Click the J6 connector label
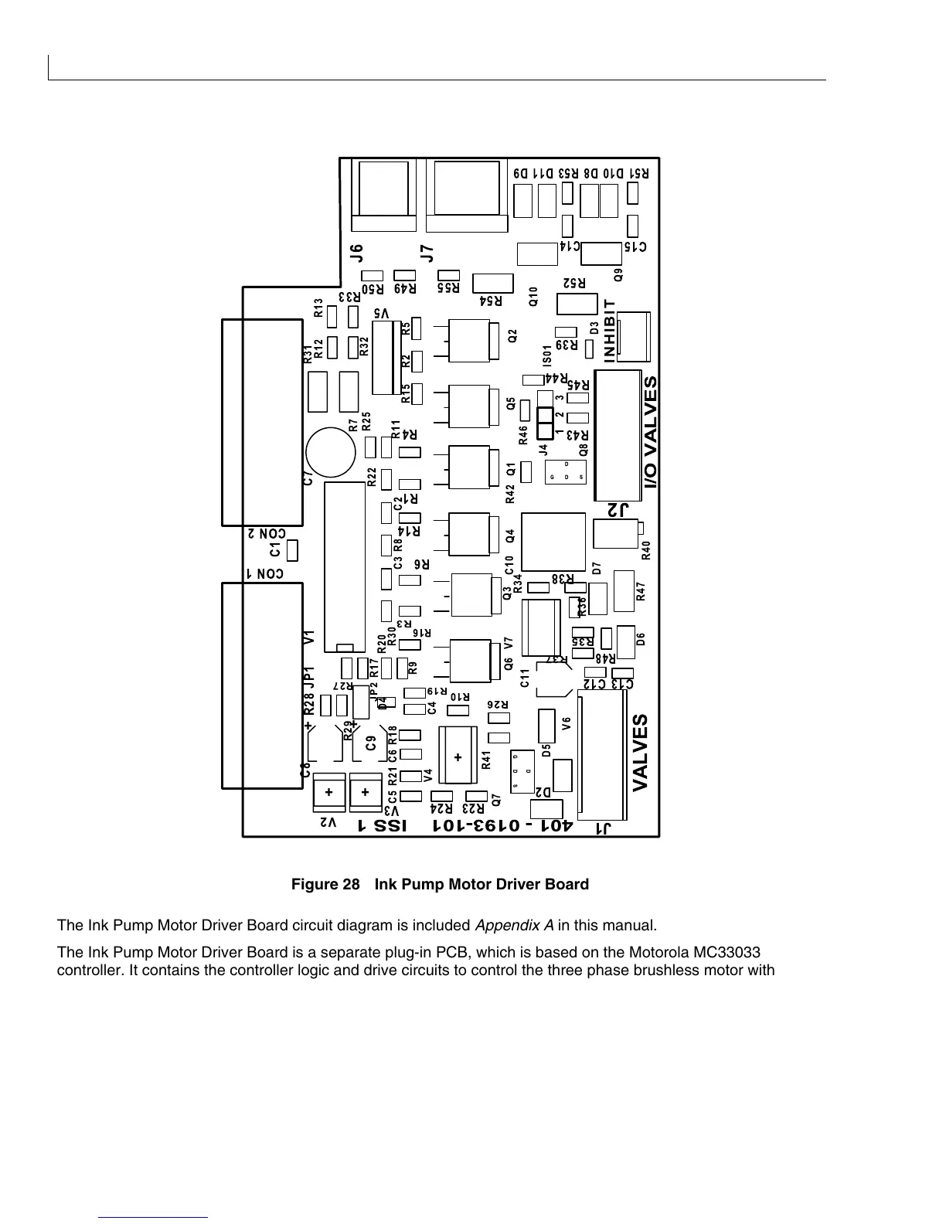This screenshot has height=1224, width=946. coord(356,253)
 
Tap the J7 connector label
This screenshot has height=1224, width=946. coord(426,253)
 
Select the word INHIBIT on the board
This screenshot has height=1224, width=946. coord(610,331)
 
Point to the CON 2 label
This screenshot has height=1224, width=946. coord(267,533)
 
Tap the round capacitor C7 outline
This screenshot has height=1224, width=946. coord(330,453)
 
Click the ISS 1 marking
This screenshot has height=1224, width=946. coord(382,825)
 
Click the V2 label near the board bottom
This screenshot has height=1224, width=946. coord(329,824)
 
